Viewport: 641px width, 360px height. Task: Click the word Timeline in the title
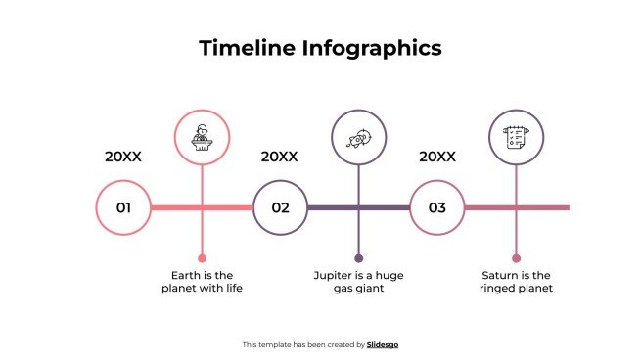click(239, 48)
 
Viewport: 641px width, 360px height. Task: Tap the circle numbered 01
click(124, 207)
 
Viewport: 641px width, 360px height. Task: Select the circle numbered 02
click(281, 207)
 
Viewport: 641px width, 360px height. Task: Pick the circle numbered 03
click(437, 207)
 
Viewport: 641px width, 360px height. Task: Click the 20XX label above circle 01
click(123, 157)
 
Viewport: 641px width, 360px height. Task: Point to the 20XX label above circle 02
click(279, 157)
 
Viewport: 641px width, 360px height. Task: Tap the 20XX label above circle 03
click(437, 157)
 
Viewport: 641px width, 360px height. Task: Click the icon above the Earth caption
click(202, 136)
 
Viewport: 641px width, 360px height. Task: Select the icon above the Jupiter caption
click(358, 136)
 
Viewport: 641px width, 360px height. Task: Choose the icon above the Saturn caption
click(516, 136)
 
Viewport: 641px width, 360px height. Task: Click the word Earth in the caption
click(189, 275)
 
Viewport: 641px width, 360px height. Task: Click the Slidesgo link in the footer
click(383, 344)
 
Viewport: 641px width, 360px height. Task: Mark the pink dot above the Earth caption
click(202, 258)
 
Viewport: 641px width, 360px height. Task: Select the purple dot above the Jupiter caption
click(358, 258)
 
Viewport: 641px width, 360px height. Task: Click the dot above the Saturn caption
click(516, 258)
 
